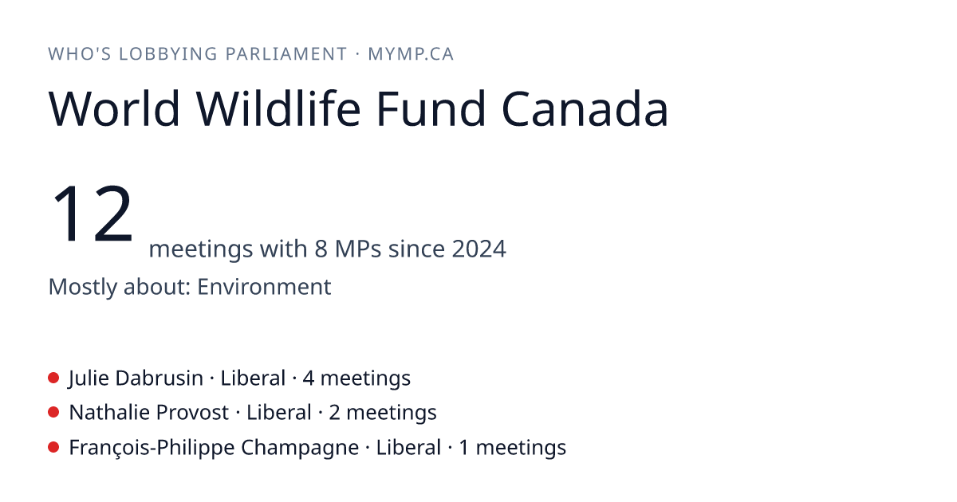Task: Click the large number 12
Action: coord(92,213)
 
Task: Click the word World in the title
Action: coord(114,108)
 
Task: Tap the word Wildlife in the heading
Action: coord(278,108)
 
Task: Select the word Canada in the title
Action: coord(585,108)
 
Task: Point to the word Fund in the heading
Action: coord(431,108)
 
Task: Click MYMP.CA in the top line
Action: coord(411,54)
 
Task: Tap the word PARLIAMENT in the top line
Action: coord(286,54)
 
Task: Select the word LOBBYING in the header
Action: coord(168,54)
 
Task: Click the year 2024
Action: coord(479,249)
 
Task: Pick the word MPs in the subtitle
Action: coord(358,249)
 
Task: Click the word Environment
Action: coord(264,286)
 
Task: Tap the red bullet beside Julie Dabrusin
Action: coord(53,378)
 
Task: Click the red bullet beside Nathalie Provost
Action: coord(53,413)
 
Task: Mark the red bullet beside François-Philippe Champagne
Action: coord(53,447)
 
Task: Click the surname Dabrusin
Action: coord(159,378)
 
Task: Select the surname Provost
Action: coord(192,413)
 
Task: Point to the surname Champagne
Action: coord(300,448)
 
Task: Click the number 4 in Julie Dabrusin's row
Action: coord(308,378)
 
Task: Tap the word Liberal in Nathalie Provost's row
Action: coord(278,413)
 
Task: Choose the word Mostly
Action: coord(82,287)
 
